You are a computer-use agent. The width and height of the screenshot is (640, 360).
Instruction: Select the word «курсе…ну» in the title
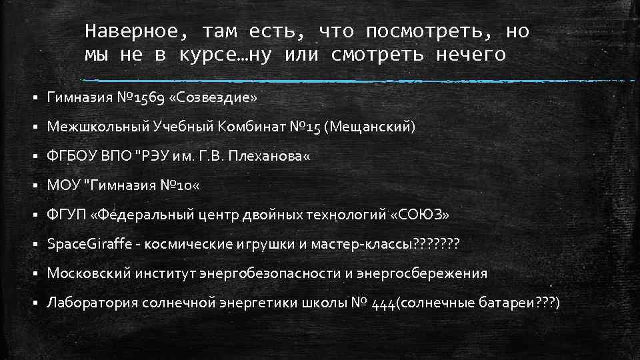click(x=225, y=55)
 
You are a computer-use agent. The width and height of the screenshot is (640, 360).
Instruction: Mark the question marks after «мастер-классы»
click(x=436, y=244)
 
